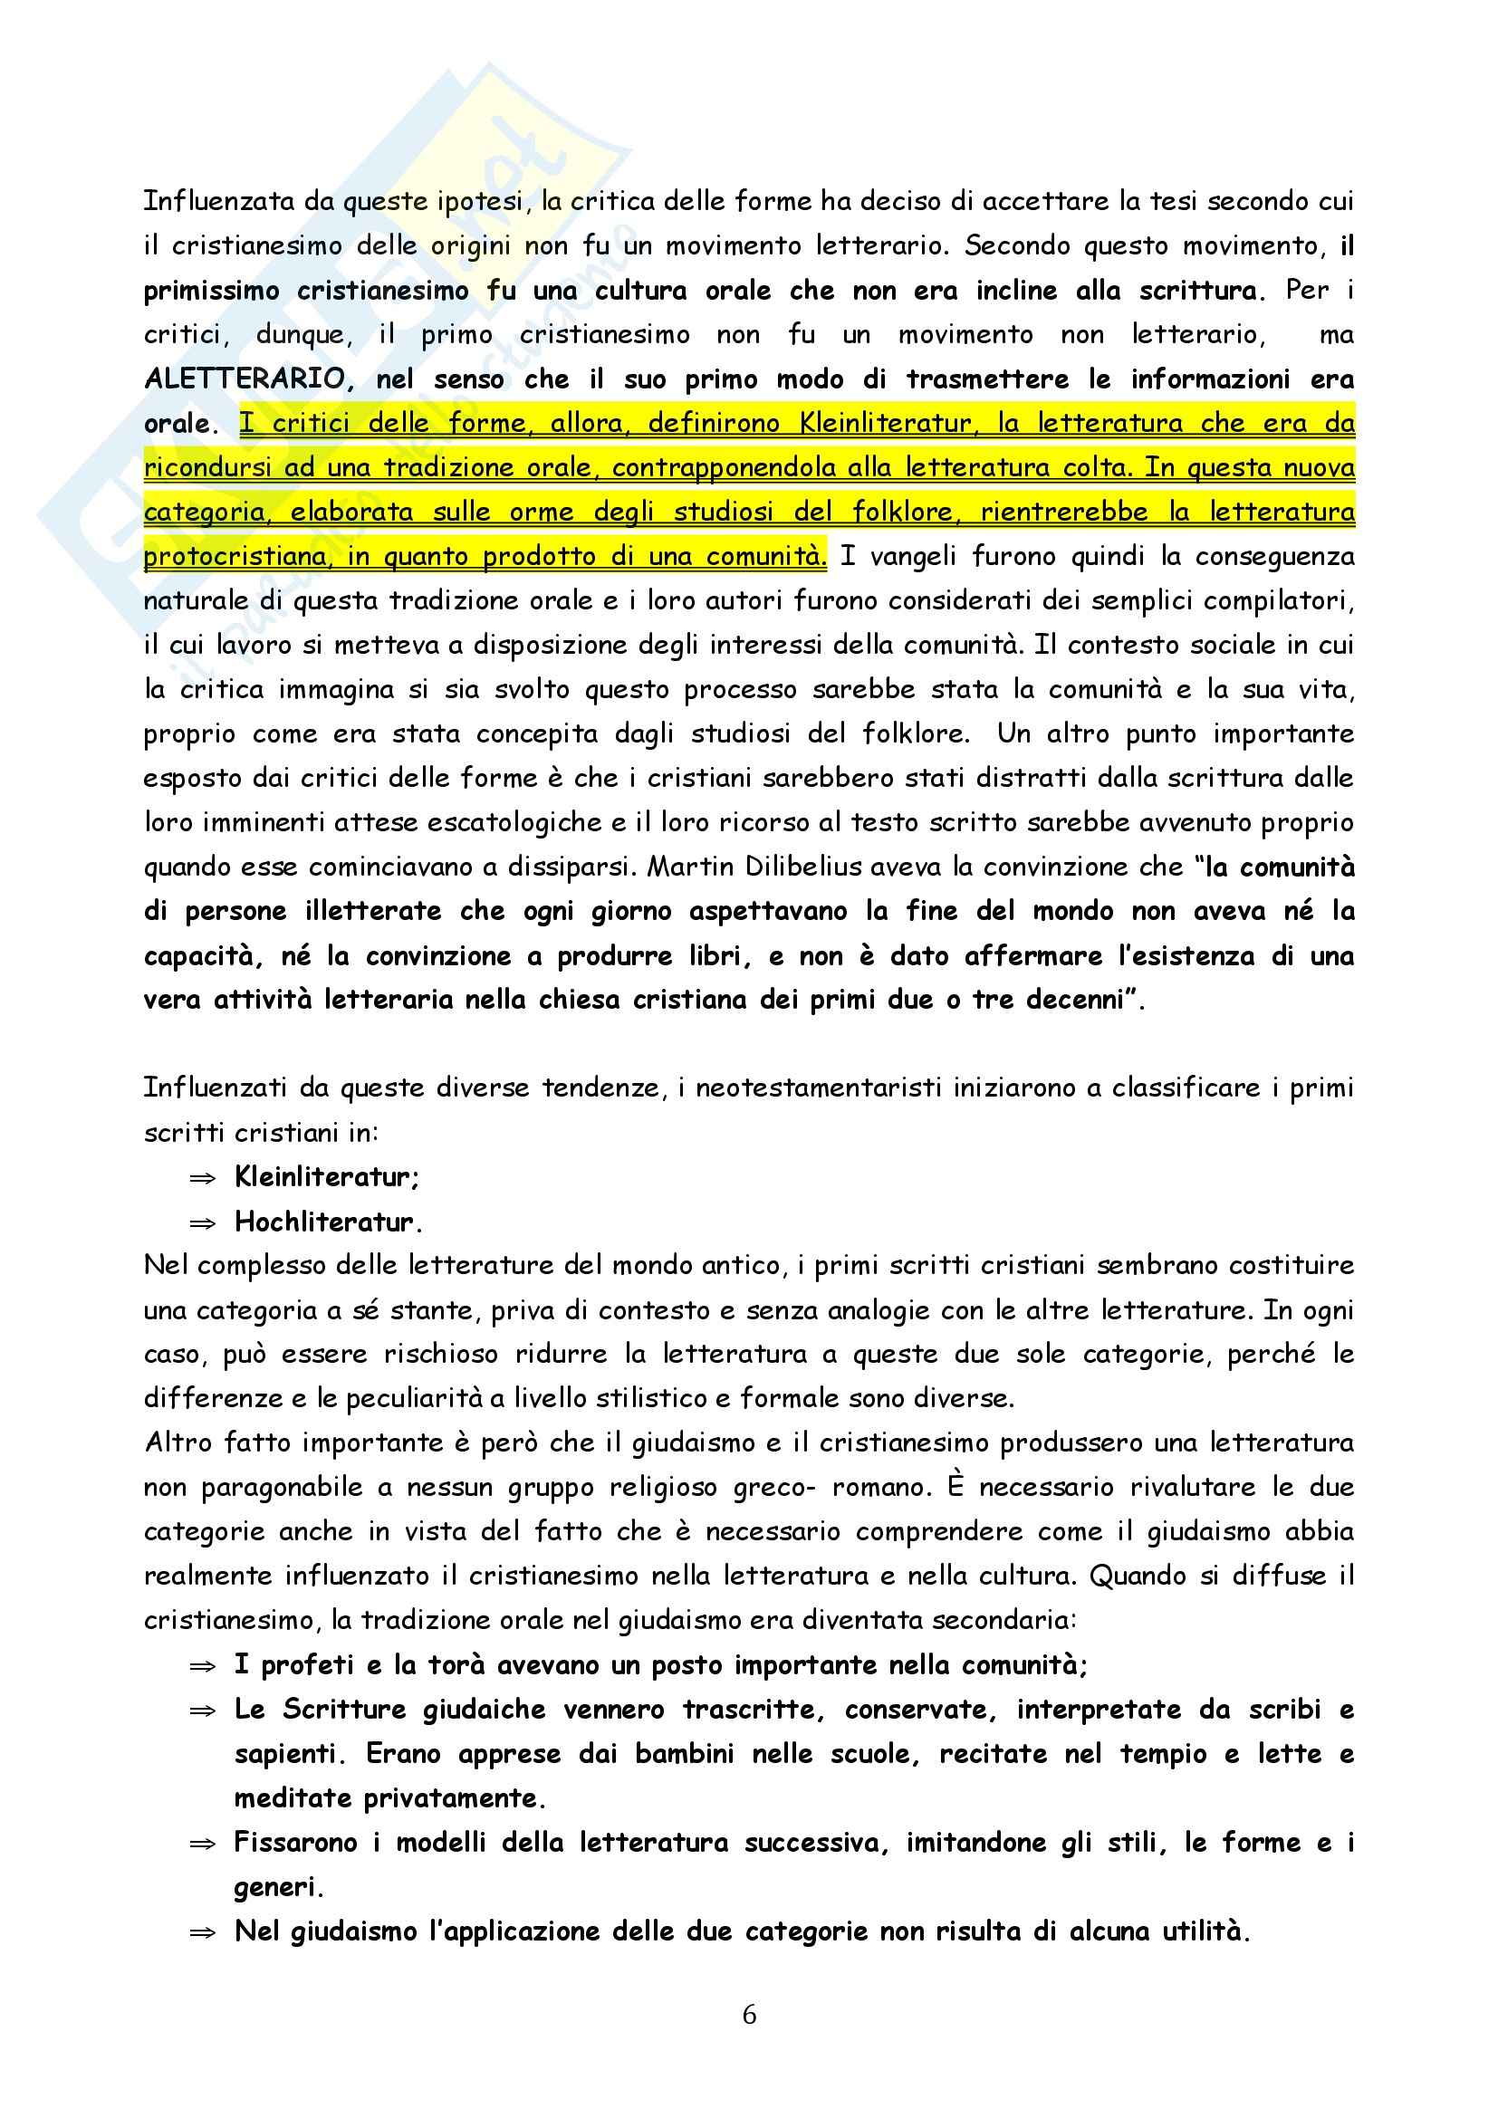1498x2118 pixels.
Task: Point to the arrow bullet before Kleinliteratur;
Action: (x=202, y=1178)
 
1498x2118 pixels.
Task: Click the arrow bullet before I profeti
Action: (x=202, y=1666)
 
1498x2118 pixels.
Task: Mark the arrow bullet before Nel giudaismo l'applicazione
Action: (x=202, y=1932)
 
